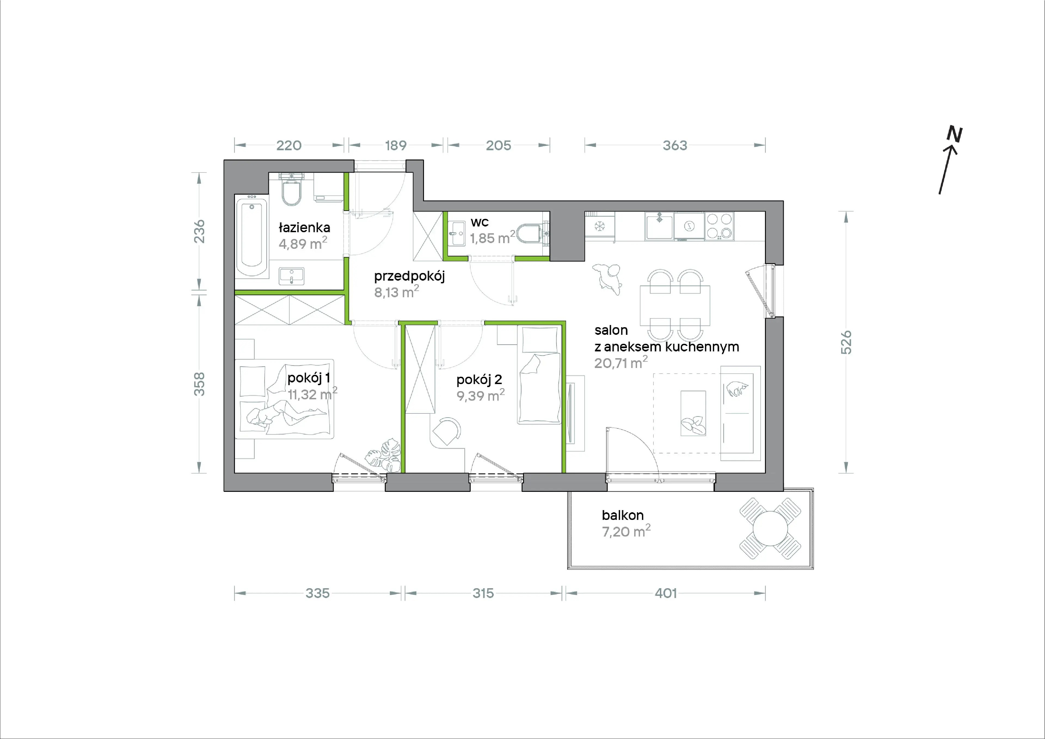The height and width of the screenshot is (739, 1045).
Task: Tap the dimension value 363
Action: point(675,145)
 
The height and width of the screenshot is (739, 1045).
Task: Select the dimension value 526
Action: point(846,342)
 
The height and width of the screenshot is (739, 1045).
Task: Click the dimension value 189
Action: point(395,145)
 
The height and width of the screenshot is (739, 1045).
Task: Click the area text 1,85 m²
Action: point(493,237)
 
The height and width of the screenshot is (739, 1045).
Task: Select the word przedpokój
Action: point(409,276)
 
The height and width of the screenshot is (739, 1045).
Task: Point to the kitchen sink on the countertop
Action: point(659,226)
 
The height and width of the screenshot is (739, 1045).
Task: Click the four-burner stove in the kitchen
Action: point(719,226)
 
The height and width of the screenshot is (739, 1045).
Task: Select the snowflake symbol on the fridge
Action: point(600,226)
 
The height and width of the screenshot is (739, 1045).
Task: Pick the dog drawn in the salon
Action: point(607,279)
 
